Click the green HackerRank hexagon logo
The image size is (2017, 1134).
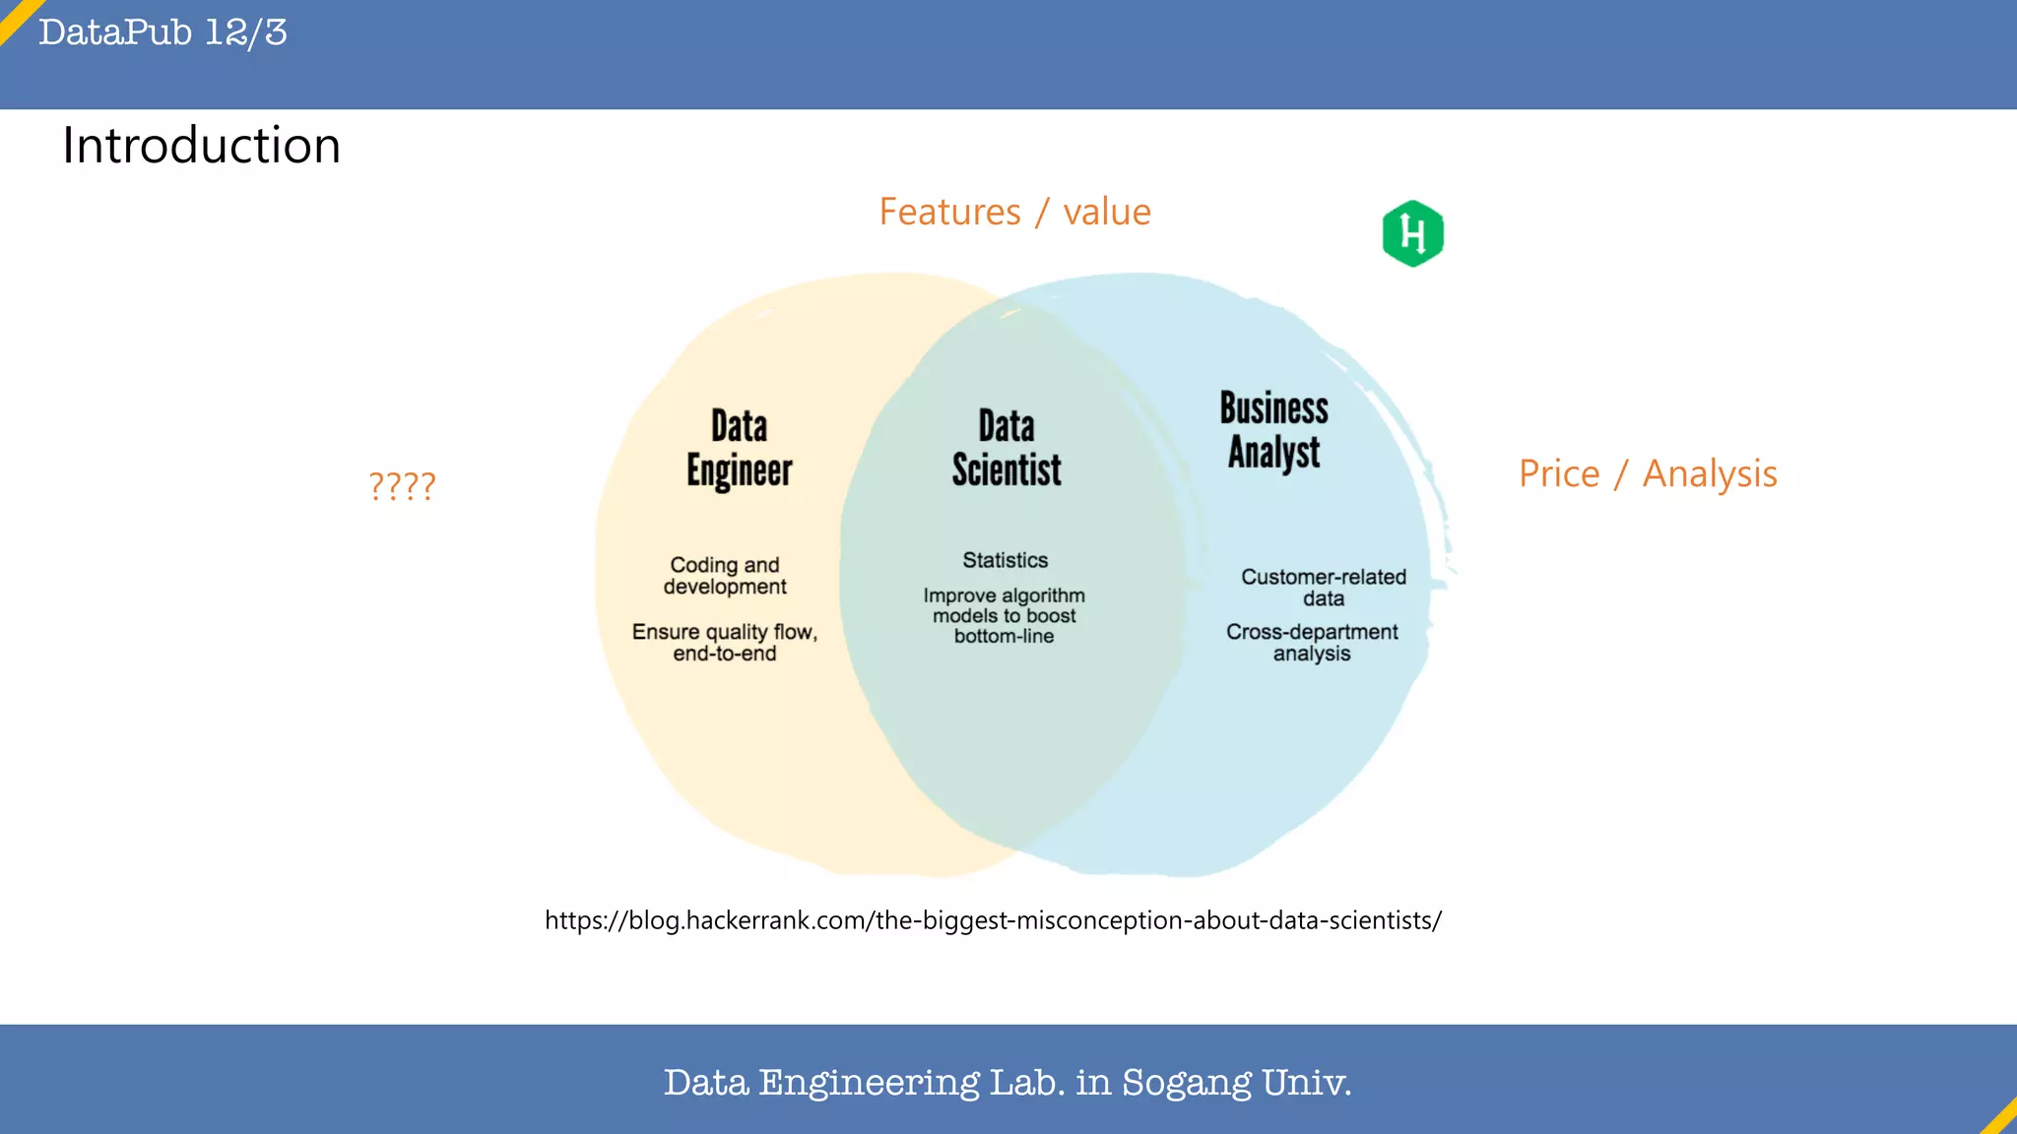[x=1412, y=233]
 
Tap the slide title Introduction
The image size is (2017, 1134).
[x=202, y=146]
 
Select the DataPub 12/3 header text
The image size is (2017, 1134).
[x=163, y=32]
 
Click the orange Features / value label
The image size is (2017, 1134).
[x=1014, y=212]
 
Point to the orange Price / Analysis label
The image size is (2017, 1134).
[x=1648, y=474]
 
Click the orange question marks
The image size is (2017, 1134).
[x=402, y=485]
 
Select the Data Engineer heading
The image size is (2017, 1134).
[x=739, y=448]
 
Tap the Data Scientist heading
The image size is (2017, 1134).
[x=1007, y=448]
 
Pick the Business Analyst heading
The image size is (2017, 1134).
[x=1273, y=430]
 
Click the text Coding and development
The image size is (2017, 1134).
[x=725, y=576]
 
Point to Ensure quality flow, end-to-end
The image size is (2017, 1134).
[x=725, y=642]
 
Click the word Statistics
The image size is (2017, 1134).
[x=1005, y=560]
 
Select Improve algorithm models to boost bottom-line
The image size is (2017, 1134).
[x=1005, y=615]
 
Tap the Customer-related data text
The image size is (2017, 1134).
[x=1323, y=587]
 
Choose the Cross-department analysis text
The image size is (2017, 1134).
[x=1312, y=642]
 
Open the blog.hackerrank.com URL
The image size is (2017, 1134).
[x=993, y=920]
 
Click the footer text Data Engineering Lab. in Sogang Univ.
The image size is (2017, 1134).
[x=1008, y=1082]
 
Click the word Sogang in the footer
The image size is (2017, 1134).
[x=1187, y=1083]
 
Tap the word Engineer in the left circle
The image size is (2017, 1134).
[x=739, y=471]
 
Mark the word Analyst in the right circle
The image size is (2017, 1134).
[x=1273, y=453]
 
